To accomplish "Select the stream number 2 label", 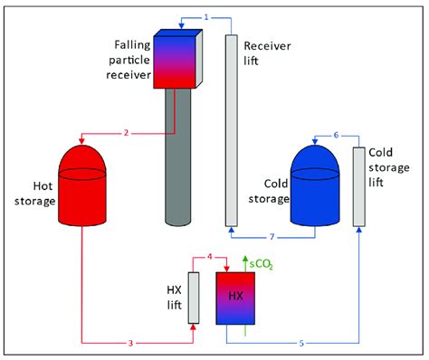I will coord(128,133).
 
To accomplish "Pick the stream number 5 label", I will coord(301,344).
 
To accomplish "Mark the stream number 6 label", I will coord(336,135).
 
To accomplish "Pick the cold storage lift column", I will coord(359,185).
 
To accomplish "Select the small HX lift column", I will coord(193,298).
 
